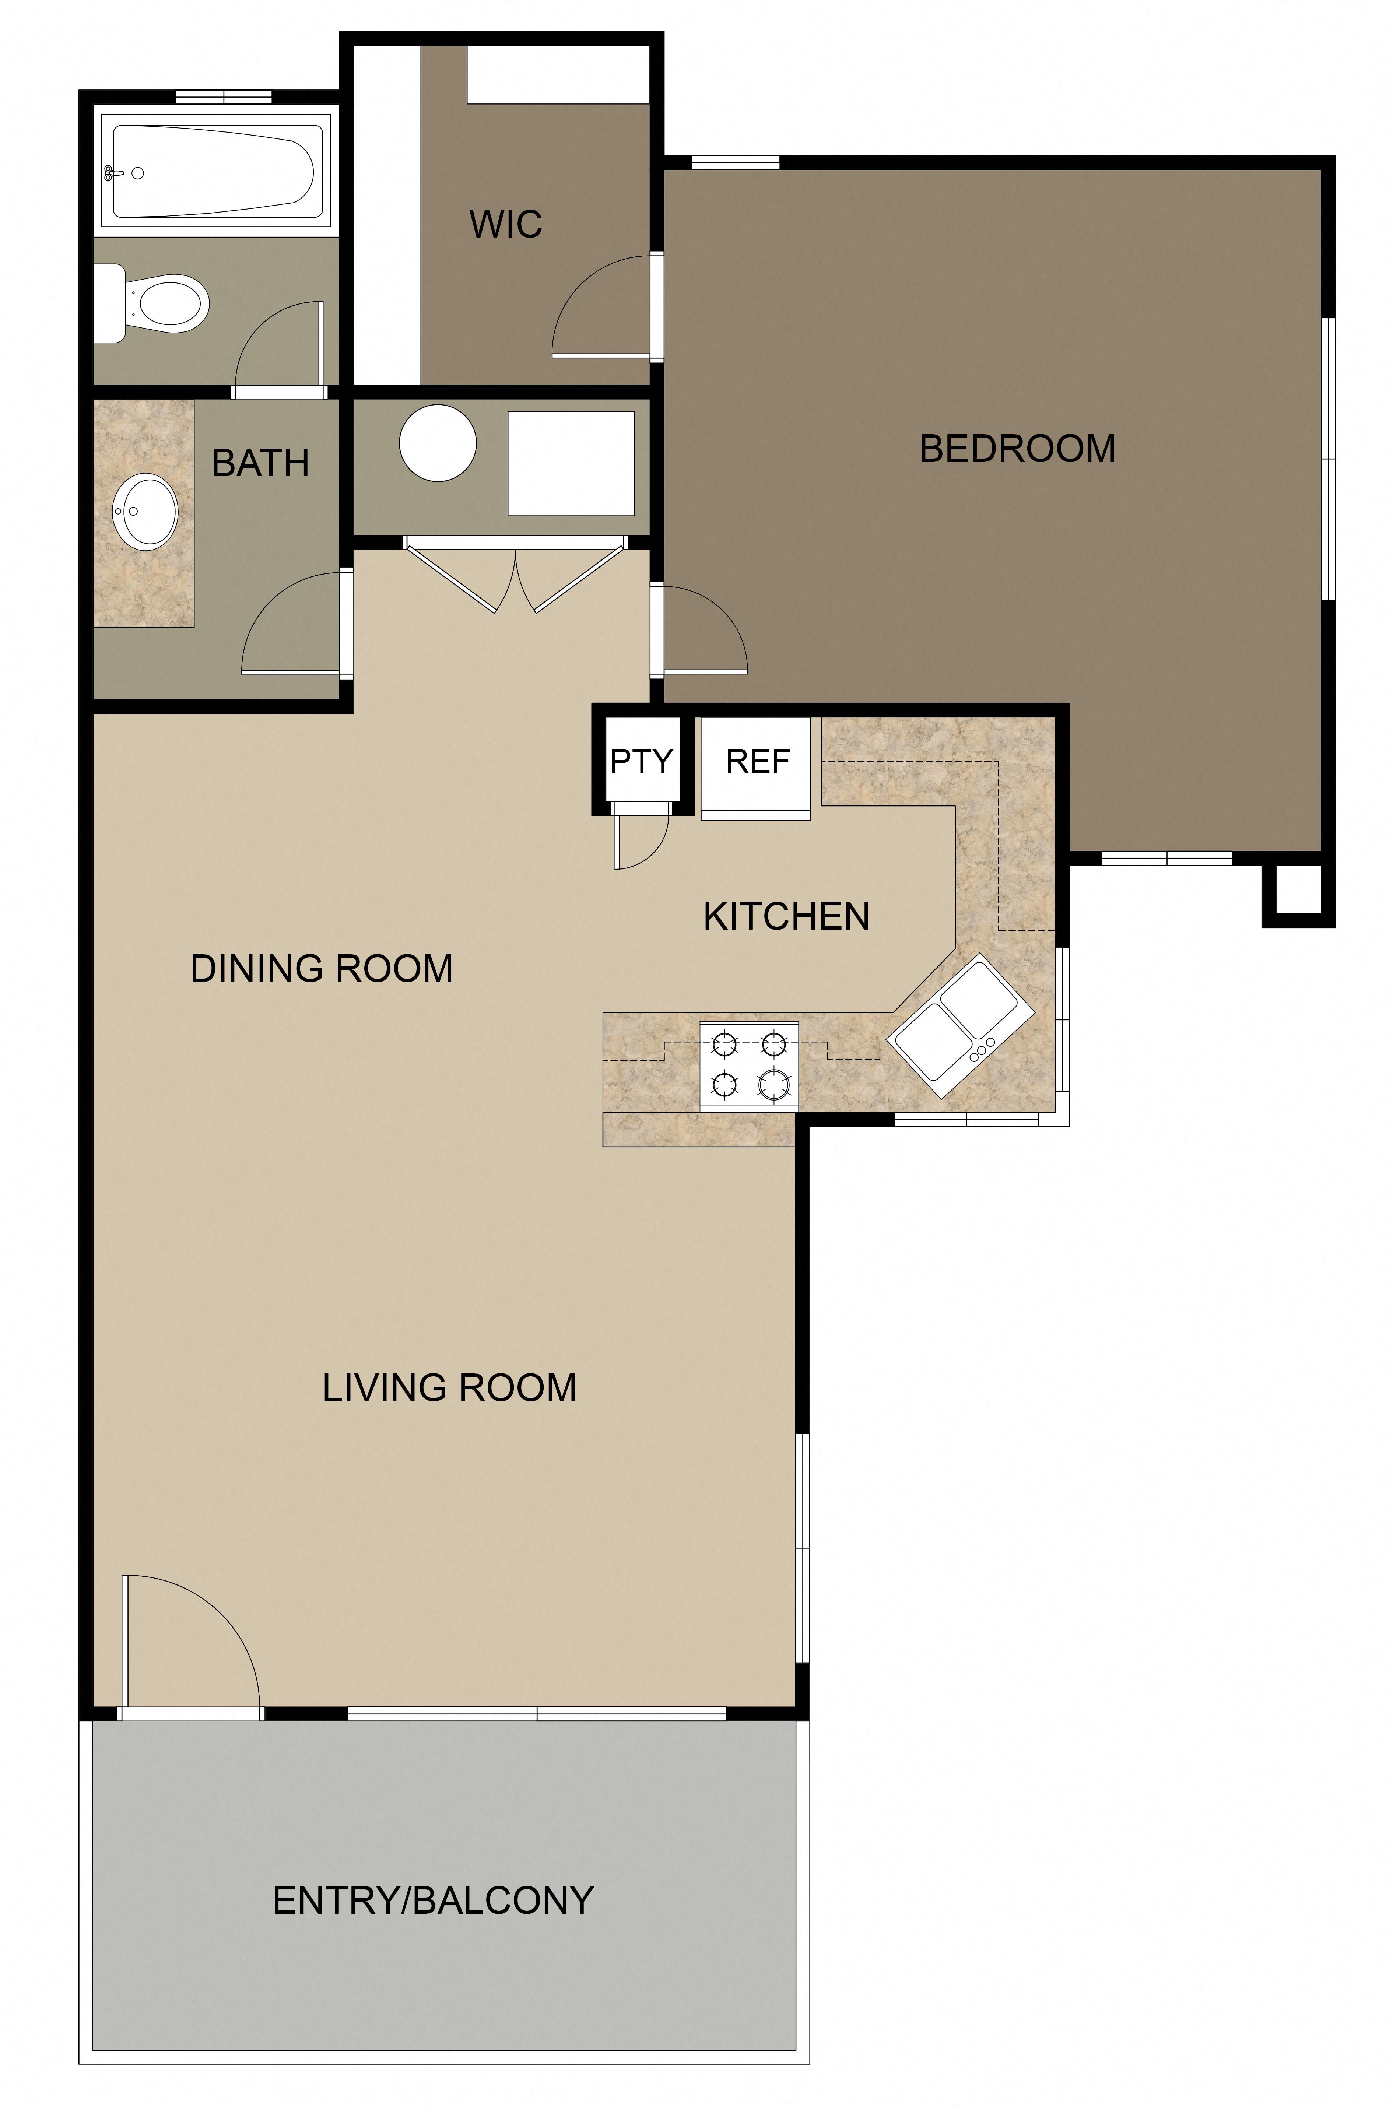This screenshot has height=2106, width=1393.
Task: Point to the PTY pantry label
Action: point(641,761)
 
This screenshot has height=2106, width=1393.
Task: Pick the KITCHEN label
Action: point(786,917)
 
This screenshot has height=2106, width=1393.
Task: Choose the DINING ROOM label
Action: point(322,968)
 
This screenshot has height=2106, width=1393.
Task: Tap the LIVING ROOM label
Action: point(449,1387)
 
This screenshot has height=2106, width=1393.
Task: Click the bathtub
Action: point(211,171)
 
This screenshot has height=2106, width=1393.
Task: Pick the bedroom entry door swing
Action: point(702,631)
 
